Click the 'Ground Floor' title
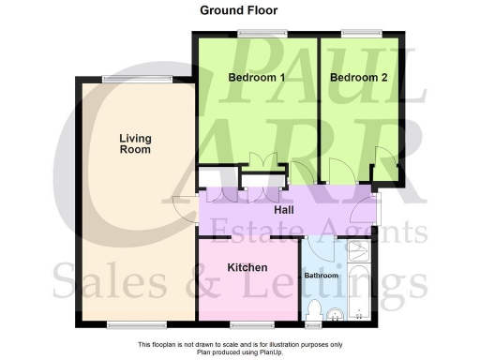tap(238, 11)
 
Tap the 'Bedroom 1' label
tap(257, 78)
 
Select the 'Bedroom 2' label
tap(358, 78)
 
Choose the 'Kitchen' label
tap(248, 266)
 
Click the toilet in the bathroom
tap(315, 312)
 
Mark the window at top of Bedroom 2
tap(355, 34)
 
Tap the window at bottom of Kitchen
tap(246, 324)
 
